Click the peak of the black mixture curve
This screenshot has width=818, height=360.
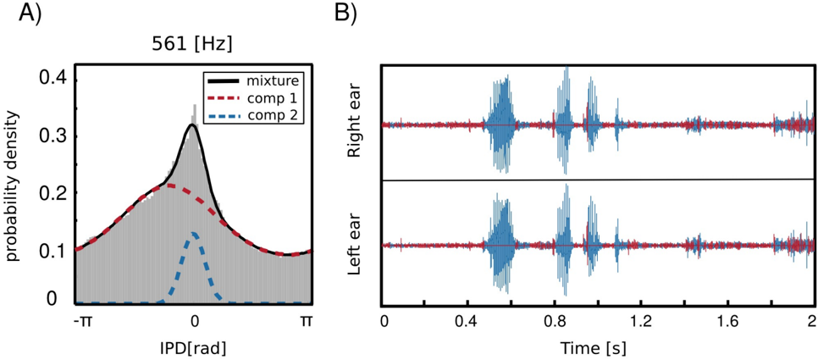coord(192,125)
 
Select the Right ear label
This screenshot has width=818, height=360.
coord(356,125)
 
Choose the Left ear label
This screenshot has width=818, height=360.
coord(356,246)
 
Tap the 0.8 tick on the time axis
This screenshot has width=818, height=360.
coord(555,322)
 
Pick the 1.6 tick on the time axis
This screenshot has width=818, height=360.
coord(726,322)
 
